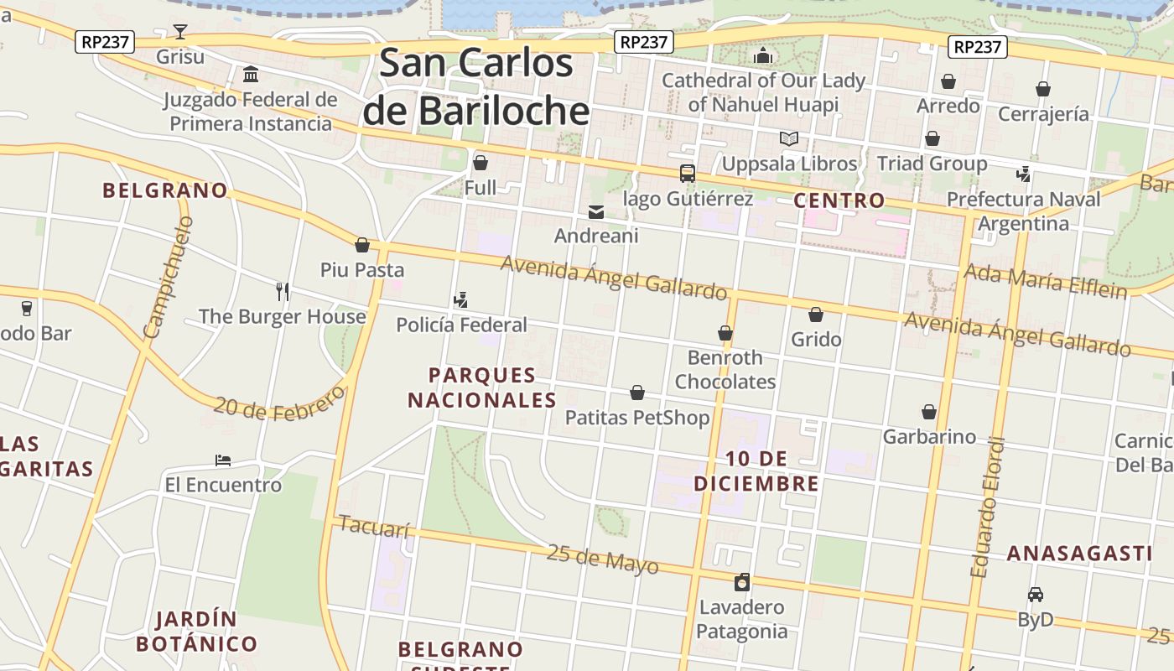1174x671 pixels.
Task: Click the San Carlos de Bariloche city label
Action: pyautogui.click(x=476, y=87)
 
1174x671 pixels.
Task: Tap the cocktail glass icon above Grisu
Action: pyautogui.click(x=180, y=33)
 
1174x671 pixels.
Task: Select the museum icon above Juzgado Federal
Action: pyautogui.click(x=251, y=75)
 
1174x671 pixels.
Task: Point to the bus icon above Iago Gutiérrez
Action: pyautogui.click(x=688, y=174)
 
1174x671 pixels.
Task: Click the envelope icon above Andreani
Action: pyautogui.click(x=596, y=211)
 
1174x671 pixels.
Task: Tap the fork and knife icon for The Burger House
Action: pyautogui.click(x=283, y=292)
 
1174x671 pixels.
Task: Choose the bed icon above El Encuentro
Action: pyautogui.click(x=223, y=460)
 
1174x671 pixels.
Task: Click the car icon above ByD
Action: pyautogui.click(x=1036, y=595)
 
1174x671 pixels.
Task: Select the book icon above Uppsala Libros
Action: pyautogui.click(x=789, y=138)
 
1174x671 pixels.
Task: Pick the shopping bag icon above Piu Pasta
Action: pyautogui.click(x=362, y=245)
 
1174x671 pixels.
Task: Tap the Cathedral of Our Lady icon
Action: pyautogui.click(x=763, y=56)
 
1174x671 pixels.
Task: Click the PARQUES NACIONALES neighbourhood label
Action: pyautogui.click(x=482, y=388)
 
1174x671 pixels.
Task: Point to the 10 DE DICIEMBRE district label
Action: pyautogui.click(x=756, y=471)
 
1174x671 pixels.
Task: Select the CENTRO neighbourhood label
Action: pyautogui.click(x=839, y=200)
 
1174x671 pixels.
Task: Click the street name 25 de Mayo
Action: pyautogui.click(x=602, y=559)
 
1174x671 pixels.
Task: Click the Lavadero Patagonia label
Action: pyautogui.click(x=742, y=619)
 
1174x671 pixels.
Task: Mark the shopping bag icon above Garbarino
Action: pyautogui.click(x=929, y=412)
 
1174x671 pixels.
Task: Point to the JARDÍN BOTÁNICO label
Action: pyautogui.click(x=196, y=632)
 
